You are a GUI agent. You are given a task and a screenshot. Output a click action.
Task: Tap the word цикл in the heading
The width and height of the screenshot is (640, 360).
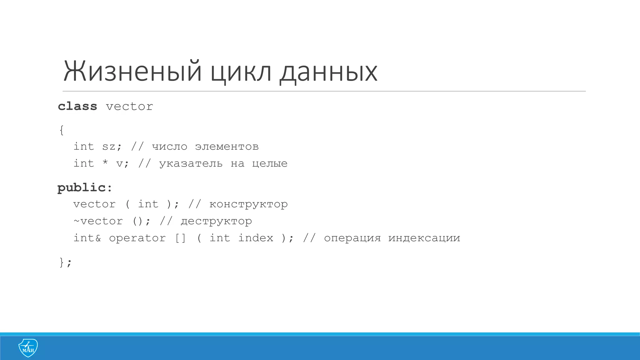[x=241, y=72]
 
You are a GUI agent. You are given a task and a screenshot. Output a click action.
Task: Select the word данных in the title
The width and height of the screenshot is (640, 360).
[x=328, y=72]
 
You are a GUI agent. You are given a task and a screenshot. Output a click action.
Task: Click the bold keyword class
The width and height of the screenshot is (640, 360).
[x=77, y=106]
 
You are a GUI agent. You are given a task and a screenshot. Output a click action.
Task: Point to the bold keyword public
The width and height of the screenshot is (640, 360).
[x=82, y=188]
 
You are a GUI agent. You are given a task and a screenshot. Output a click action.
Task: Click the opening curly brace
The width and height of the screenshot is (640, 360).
[x=62, y=130]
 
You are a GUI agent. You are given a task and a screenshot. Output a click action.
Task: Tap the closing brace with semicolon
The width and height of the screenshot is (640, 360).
[x=65, y=262]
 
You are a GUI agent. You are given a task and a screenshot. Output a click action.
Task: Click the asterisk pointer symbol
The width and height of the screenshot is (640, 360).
[x=105, y=162]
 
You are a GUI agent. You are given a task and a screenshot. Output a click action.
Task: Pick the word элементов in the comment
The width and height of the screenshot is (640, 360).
[x=227, y=147]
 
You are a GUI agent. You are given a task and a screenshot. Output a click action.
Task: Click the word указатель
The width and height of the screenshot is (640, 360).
[x=191, y=163]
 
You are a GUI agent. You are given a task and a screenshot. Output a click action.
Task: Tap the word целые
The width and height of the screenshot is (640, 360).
[x=270, y=163]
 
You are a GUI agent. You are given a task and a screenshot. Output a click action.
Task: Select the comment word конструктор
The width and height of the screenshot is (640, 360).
[x=248, y=204]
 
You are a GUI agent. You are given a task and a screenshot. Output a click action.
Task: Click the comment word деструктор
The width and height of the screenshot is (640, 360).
[x=216, y=221]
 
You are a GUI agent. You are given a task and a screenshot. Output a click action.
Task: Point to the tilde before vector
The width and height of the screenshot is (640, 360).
[x=76, y=221]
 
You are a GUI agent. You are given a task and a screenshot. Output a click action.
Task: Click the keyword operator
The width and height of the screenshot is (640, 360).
[x=137, y=238]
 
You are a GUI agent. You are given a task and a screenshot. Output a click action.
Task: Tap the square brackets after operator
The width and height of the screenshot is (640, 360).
[x=180, y=238]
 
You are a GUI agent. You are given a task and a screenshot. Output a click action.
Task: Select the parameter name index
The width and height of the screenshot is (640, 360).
[x=256, y=238]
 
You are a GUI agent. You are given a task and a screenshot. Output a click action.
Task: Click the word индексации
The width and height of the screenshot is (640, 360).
[x=424, y=238]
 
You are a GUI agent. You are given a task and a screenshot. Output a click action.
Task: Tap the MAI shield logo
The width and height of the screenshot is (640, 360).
[x=28, y=348]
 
